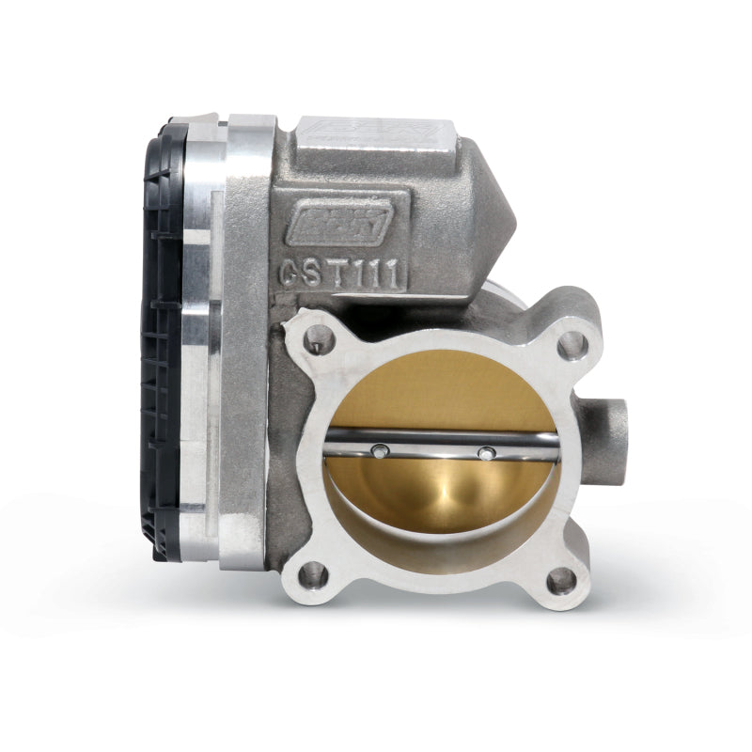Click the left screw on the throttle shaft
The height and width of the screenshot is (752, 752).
coord(378,452)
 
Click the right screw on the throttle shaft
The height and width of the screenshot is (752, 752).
coord(485,454)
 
